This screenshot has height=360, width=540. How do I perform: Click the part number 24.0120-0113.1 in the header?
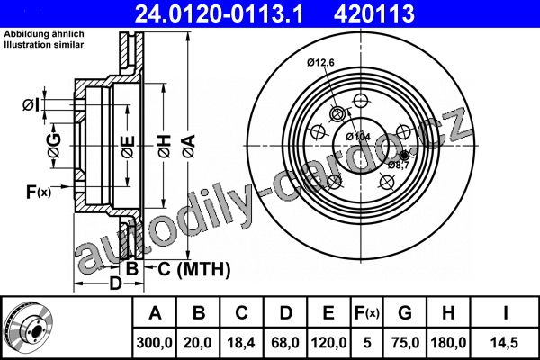(x=219, y=13)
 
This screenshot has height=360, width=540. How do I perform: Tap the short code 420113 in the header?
(x=374, y=13)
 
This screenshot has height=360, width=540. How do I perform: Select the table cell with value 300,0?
(x=154, y=343)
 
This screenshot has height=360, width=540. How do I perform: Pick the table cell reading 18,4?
(x=241, y=343)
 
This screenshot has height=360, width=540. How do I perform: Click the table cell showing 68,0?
(x=285, y=343)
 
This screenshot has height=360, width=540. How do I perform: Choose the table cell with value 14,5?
(x=505, y=343)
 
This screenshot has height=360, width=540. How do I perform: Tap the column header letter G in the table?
(x=405, y=313)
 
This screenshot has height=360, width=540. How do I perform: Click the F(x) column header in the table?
(x=367, y=313)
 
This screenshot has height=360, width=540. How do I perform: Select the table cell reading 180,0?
(x=448, y=343)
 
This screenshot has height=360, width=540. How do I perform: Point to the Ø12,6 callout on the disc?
(x=320, y=62)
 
